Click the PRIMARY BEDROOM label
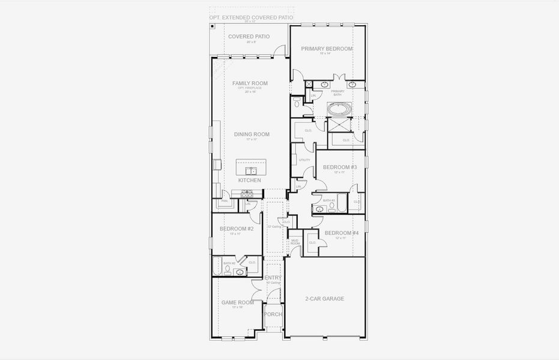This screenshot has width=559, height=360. (327, 49)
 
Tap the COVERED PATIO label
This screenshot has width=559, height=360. (249, 37)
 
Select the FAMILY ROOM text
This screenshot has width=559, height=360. (250, 83)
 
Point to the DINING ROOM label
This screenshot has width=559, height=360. (252, 134)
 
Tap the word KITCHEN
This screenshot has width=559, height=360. (250, 180)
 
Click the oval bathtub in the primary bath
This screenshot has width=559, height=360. (340, 110)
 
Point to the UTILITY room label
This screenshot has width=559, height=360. (304, 160)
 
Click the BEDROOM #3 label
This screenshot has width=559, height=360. (340, 167)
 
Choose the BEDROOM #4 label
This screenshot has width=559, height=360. (342, 233)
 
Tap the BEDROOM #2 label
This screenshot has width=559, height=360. (237, 229)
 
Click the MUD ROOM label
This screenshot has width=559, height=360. (295, 242)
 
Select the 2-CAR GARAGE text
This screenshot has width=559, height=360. (324, 298)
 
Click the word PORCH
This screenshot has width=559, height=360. (273, 314)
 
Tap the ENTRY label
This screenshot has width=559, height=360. (273, 278)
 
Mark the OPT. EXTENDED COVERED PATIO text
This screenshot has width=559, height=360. (251, 18)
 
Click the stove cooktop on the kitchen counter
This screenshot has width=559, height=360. (246, 194)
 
